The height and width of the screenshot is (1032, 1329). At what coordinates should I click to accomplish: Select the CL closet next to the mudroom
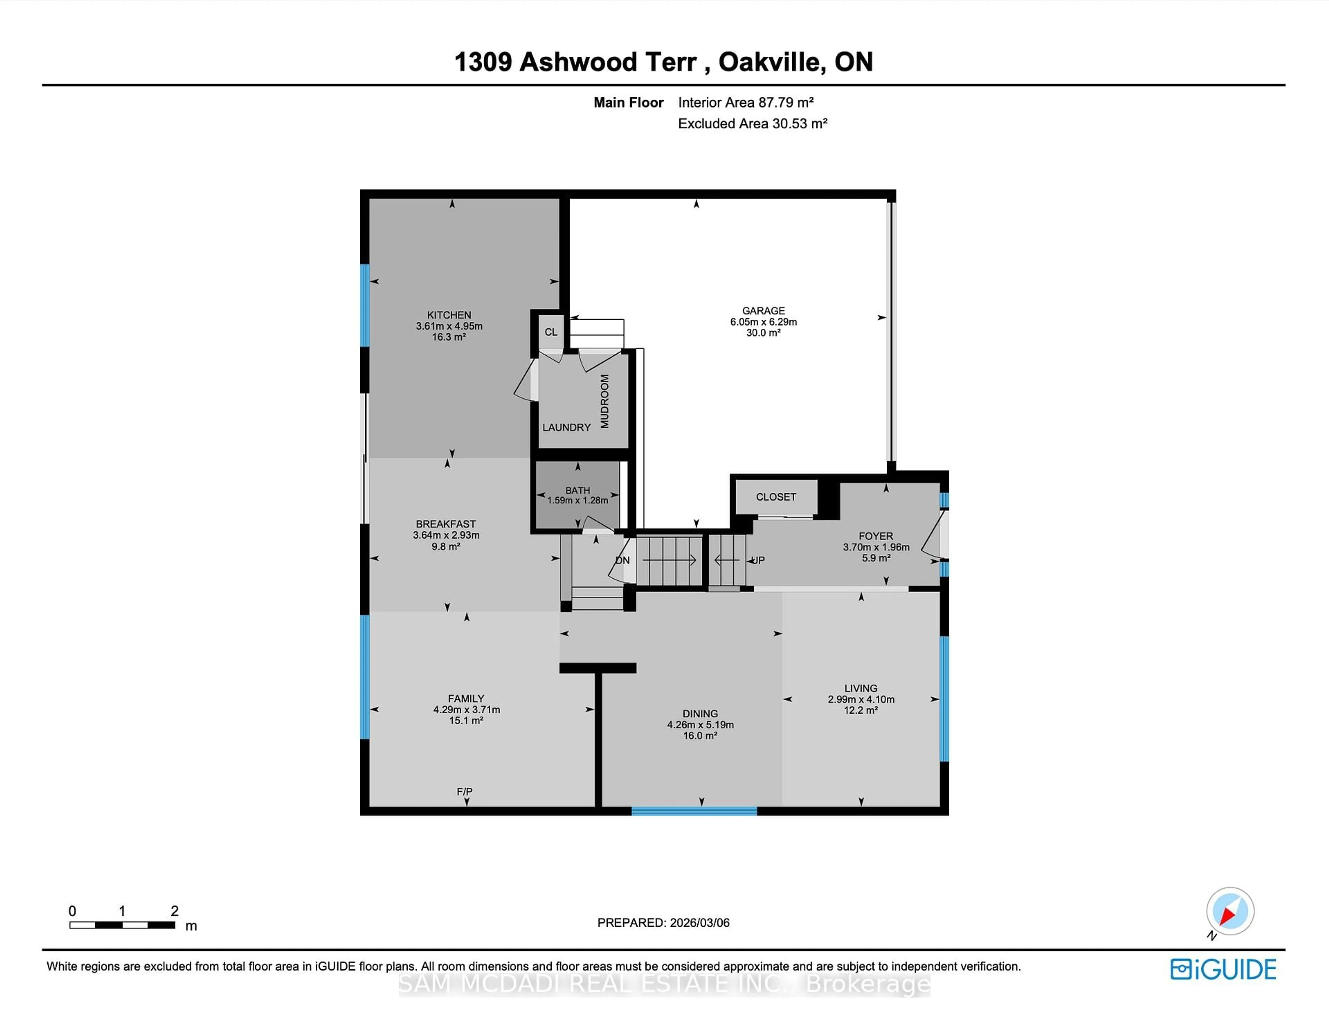coord(551,332)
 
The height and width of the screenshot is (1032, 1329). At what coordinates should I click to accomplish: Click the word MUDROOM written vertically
coord(604,401)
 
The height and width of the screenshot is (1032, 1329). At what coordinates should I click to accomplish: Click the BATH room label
coord(578,490)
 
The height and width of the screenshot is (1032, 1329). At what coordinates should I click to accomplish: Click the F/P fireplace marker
coord(464,791)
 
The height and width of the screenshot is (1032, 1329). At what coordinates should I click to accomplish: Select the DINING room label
coord(700,713)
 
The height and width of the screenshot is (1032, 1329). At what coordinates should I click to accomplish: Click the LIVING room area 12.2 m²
coord(860,710)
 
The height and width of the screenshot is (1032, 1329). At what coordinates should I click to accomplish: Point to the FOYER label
coord(876,536)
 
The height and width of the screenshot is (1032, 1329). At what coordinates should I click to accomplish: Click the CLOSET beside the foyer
coord(776,497)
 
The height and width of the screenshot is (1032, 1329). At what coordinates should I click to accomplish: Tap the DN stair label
coord(623,560)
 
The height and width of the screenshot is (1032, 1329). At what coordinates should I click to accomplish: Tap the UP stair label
coord(758,560)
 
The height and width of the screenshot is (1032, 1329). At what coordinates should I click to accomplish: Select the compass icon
coord(1230,912)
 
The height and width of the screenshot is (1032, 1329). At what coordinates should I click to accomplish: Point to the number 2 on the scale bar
coord(175,911)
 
